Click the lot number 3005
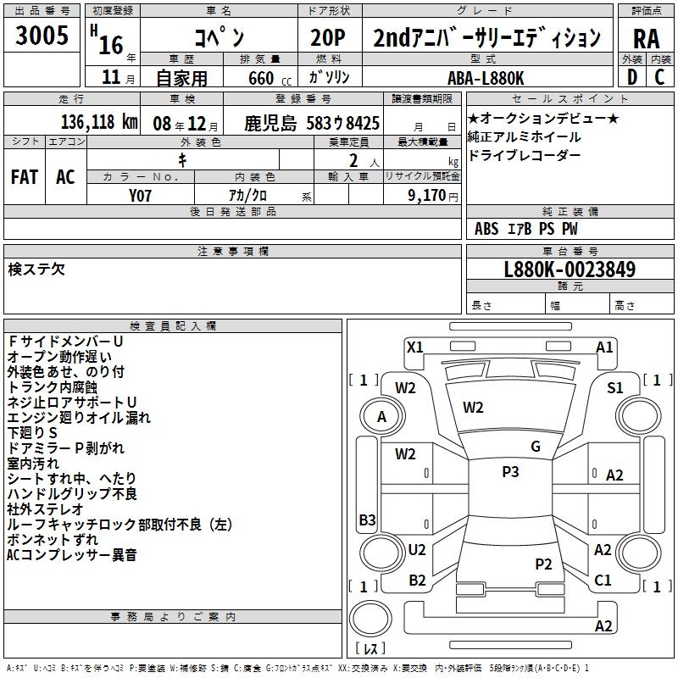(42, 36)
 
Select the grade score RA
(646, 38)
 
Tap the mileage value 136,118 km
(99, 122)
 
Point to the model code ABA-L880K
(486, 77)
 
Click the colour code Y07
(141, 194)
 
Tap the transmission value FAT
(25, 176)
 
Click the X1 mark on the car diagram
(415, 347)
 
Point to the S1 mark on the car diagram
(615, 387)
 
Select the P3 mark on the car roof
(510, 472)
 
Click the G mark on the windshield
(536, 447)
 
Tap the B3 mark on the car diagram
(367, 520)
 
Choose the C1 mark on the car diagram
(603, 581)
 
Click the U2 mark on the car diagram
(417, 550)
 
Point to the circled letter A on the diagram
(382, 416)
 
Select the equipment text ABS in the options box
(486, 229)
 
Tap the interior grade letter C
(659, 77)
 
